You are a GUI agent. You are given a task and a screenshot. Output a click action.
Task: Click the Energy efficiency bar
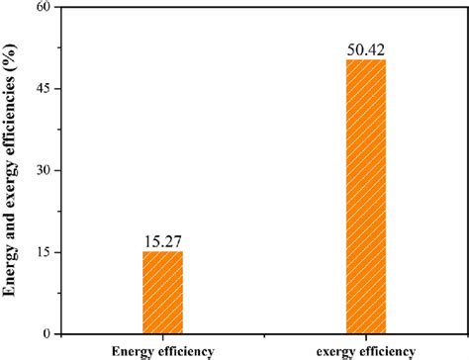tap(162, 292)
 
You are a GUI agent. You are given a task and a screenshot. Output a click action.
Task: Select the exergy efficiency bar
tap(366, 197)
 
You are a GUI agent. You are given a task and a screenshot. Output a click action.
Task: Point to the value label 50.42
tap(366, 48)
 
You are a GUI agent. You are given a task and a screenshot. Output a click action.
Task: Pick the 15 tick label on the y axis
tap(40, 252)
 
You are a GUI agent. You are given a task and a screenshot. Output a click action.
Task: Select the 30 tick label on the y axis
tap(40, 170)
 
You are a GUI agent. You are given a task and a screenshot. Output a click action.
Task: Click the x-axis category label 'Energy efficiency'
tap(162, 350)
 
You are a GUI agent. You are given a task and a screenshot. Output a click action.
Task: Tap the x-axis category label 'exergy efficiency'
tap(365, 350)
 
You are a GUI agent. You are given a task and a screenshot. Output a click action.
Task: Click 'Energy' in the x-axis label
tap(134, 350)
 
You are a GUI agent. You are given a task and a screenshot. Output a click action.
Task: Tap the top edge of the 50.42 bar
tap(366, 60)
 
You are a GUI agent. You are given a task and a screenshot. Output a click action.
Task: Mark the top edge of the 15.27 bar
tap(162, 251)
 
